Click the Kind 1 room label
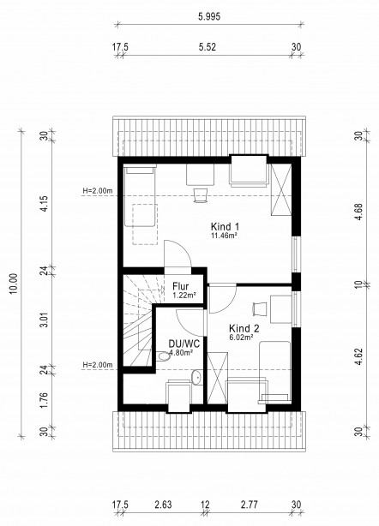point(225,226)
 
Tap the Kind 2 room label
point(244,328)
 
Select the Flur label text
point(181,286)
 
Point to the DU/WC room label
point(184,344)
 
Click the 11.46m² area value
point(225,236)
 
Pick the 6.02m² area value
point(241,338)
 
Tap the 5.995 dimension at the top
point(209,16)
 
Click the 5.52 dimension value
point(208,47)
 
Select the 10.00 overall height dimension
point(14,284)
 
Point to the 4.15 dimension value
point(45,204)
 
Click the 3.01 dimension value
point(45,320)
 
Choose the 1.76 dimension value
point(45,400)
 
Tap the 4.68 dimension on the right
point(359,212)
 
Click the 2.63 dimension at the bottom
point(163,505)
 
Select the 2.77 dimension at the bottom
point(250,505)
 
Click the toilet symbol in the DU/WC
point(163,356)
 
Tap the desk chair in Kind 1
point(201,195)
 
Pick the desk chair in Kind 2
point(260,308)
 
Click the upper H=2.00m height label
point(98,191)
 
